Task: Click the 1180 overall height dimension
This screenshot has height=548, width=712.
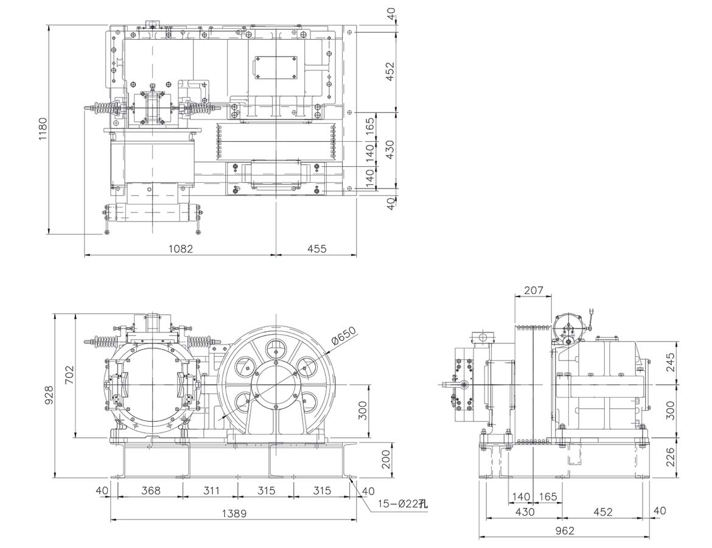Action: point(42,128)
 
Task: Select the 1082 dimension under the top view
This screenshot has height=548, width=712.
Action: point(180,248)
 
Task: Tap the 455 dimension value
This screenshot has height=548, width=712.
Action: point(316,248)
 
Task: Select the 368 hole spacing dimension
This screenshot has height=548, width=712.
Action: point(150,491)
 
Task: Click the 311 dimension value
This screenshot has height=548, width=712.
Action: point(209,491)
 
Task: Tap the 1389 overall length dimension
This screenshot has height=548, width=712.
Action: point(233,514)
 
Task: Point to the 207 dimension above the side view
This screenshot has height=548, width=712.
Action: point(533,291)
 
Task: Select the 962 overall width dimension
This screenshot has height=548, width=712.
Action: point(564,531)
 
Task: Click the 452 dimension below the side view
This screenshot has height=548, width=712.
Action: point(602,512)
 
